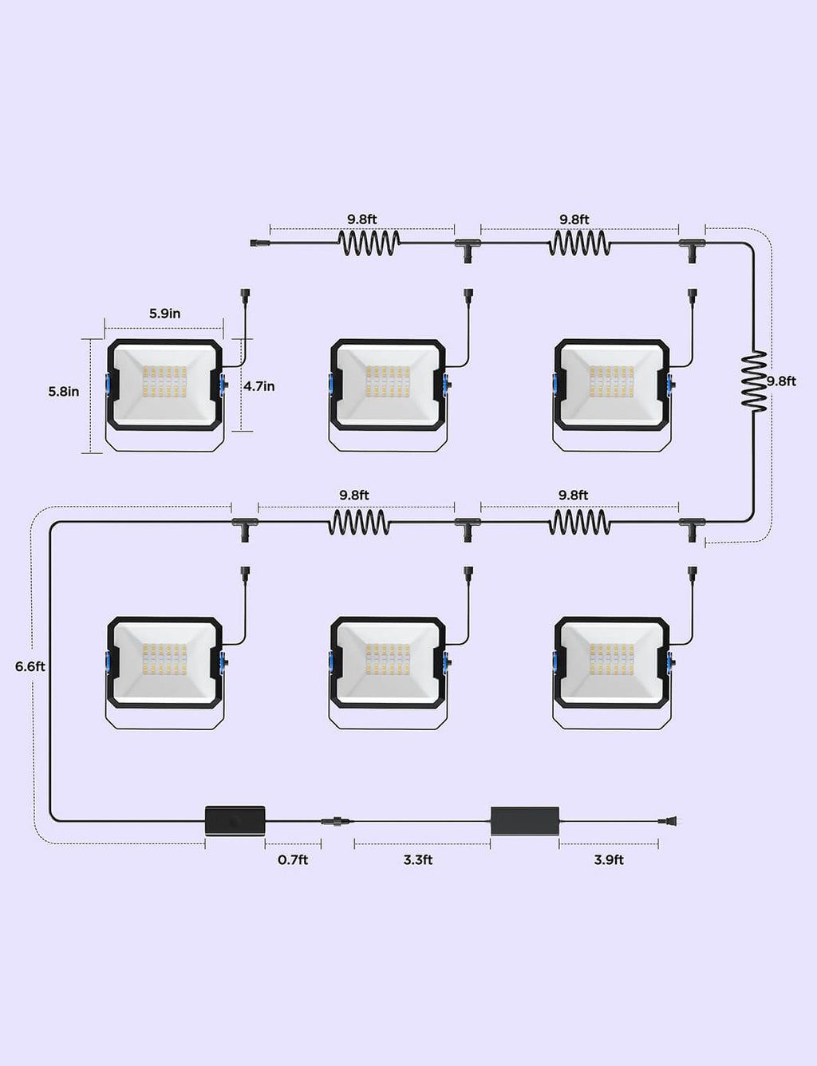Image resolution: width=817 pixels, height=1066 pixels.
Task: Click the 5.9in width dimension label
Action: point(165,314)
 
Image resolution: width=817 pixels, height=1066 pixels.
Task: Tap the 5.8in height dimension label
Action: point(64,392)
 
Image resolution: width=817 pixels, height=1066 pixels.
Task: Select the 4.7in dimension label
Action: point(259,386)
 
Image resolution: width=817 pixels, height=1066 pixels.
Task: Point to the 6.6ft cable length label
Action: point(30,667)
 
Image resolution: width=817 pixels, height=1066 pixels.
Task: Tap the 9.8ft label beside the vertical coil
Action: point(781,381)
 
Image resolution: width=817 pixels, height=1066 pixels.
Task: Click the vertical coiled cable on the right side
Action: point(754,381)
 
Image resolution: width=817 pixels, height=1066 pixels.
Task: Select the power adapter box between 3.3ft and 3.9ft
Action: point(525,821)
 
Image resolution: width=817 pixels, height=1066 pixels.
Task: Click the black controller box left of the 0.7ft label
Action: point(235,819)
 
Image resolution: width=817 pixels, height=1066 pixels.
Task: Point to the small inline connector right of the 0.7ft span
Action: point(337,820)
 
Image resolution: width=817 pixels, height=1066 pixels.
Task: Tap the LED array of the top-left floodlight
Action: point(165,381)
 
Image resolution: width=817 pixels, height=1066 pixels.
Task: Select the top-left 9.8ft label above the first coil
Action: point(362,219)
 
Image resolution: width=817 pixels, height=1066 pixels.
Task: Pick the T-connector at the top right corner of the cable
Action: point(692,251)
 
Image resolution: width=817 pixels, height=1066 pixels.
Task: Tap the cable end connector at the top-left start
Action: point(260,243)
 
